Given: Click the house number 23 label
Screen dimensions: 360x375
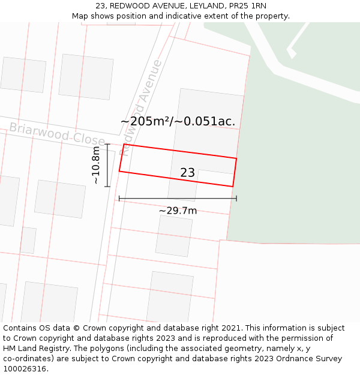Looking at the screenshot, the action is (x=187, y=173).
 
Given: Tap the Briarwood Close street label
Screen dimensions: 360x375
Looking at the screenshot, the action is (x=56, y=133).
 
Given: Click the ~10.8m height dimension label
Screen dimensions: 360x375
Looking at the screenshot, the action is (x=96, y=165).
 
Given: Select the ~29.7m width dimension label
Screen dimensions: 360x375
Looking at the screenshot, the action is (x=178, y=211).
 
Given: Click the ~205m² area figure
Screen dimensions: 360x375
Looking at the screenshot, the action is (x=145, y=121).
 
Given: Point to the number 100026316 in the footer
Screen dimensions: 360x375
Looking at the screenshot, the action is (x=26, y=369).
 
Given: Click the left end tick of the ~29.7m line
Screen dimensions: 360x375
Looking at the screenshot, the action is (x=119, y=198).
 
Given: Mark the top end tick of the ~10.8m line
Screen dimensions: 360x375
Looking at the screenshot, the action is (x=107, y=144).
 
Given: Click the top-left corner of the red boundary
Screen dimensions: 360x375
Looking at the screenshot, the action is (x=124, y=144).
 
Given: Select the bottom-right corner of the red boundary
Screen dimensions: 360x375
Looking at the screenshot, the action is (x=233, y=187).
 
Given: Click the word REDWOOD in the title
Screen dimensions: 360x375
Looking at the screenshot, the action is (x=130, y=5).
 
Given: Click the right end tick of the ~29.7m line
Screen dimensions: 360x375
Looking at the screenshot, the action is (x=236, y=198).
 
